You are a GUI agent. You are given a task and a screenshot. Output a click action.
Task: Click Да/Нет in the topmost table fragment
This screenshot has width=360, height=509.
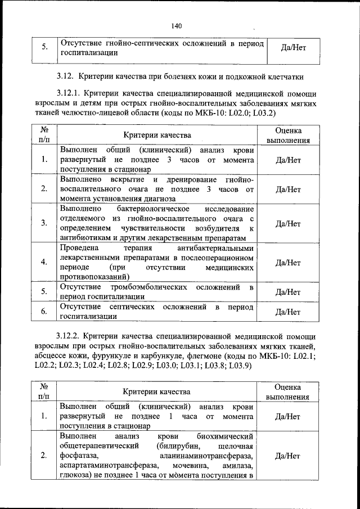[292, 48]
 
